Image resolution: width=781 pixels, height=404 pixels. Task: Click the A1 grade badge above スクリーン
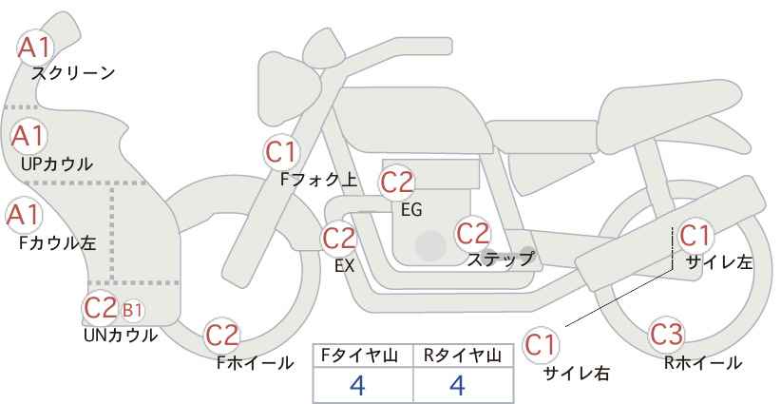(x=34, y=48)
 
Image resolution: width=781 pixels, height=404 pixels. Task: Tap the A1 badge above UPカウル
(x=28, y=137)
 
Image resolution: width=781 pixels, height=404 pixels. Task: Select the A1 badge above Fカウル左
(x=23, y=215)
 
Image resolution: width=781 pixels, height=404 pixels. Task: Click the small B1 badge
(x=132, y=310)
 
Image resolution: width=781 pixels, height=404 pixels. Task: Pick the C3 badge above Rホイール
(x=666, y=335)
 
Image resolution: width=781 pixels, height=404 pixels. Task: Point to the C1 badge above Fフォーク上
(x=281, y=152)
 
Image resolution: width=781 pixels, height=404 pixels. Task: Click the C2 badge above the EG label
(x=396, y=183)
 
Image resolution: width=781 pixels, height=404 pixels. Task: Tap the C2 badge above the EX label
(x=338, y=238)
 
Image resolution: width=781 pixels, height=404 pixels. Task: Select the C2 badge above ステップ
(x=473, y=233)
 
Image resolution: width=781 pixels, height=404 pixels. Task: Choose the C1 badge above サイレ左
(x=695, y=236)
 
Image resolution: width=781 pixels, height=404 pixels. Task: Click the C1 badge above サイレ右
(x=541, y=345)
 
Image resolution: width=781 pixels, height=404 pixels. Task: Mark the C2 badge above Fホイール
(x=222, y=336)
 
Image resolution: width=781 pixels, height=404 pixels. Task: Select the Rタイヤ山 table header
(x=463, y=356)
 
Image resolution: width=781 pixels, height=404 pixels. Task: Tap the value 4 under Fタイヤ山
(x=357, y=385)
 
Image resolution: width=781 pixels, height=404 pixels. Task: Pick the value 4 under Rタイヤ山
(x=457, y=385)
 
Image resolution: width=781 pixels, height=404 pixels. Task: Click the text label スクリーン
(x=73, y=74)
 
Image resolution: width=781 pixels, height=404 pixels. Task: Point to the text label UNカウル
(x=121, y=336)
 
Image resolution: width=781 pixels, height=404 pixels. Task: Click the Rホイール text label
(x=703, y=363)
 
